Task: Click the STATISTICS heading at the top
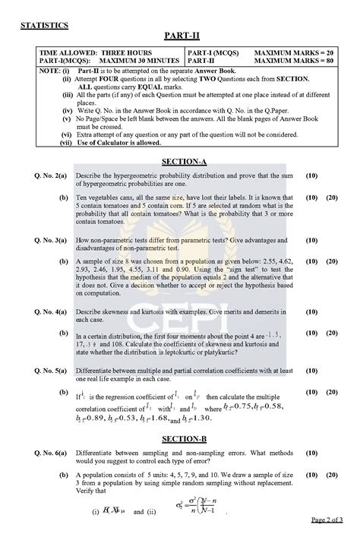[43, 25]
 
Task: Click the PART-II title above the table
[179, 36]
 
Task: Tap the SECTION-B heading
[179, 439]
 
